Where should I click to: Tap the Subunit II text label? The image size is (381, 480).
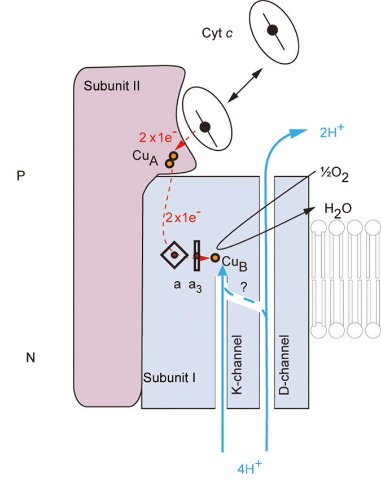(x=112, y=86)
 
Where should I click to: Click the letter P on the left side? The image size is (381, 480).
(x=21, y=176)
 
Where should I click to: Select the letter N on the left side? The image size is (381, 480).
(x=30, y=357)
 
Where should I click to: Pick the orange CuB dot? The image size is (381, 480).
(x=214, y=258)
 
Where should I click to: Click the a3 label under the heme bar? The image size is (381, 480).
(x=198, y=286)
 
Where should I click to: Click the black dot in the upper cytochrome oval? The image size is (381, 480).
(x=272, y=30)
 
